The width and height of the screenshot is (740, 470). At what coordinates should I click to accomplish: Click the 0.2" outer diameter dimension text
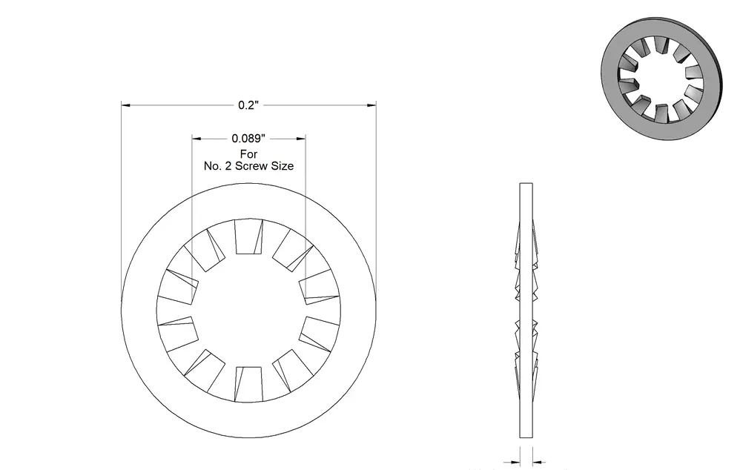tap(248, 105)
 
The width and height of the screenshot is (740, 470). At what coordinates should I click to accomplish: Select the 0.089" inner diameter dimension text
tap(248, 139)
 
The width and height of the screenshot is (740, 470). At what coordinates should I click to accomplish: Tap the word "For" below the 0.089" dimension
tap(248, 154)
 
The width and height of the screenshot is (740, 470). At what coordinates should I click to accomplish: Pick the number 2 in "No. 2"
tap(228, 166)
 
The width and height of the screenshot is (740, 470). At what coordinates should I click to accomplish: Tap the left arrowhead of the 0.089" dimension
tap(196, 139)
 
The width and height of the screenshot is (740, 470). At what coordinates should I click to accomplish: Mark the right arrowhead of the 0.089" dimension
tap(300, 139)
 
